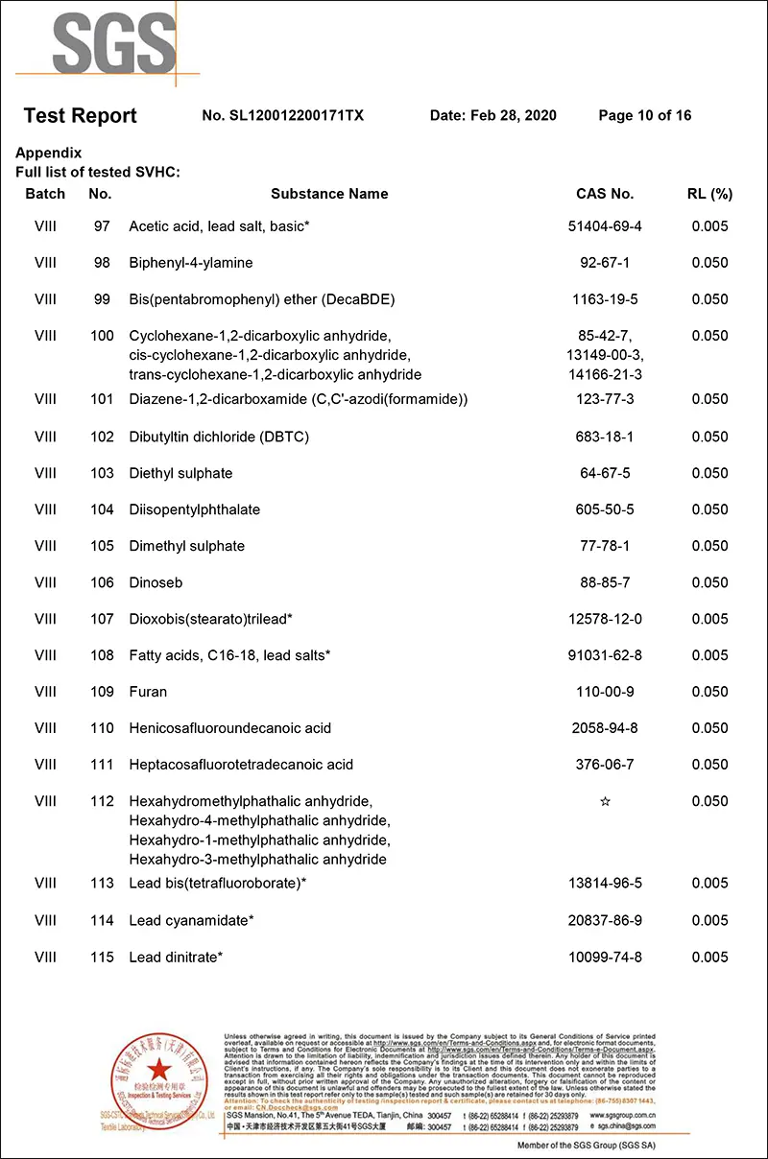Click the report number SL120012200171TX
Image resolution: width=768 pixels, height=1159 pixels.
pos(283,116)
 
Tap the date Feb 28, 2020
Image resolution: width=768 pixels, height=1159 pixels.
pos(492,116)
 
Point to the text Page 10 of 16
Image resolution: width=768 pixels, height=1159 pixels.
pos(644,116)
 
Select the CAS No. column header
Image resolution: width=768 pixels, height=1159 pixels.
pos(605,194)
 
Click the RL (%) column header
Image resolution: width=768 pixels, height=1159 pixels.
pos(709,194)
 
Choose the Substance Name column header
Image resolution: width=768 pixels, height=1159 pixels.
pos(329,194)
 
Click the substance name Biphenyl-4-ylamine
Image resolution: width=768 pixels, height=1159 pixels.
pos(191,263)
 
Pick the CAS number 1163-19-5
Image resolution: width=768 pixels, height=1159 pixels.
pos(605,299)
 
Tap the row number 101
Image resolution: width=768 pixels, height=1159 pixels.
pos(102,399)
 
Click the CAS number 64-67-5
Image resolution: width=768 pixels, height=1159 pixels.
pos(605,473)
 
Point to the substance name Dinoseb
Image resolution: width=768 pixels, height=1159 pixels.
pos(156,582)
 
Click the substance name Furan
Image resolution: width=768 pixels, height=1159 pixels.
pos(148,692)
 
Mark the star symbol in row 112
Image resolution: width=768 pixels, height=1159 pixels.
pos(605,801)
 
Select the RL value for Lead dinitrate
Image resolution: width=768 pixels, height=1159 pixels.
pos(709,957)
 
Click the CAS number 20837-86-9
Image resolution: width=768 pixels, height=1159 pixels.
pos(605,920)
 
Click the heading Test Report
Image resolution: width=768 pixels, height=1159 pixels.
pos(80,116)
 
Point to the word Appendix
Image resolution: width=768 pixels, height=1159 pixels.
pos(49,154)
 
